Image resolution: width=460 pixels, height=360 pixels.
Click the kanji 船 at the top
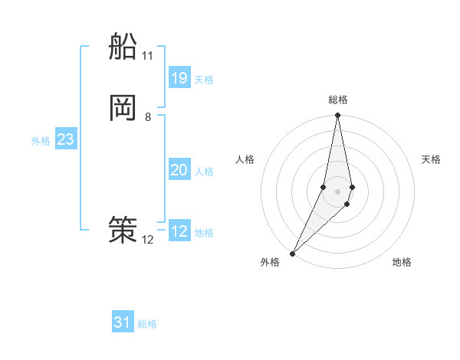123,47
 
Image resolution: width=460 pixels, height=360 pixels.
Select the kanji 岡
123,107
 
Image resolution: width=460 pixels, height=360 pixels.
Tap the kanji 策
123,229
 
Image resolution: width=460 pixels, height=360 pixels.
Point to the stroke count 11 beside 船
147,56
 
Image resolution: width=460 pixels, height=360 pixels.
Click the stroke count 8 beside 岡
148,117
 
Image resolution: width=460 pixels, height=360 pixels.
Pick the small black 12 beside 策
148,240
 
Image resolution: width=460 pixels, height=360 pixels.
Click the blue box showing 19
179,77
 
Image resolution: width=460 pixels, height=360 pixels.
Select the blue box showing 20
179,170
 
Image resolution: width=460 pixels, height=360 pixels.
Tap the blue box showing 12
179,231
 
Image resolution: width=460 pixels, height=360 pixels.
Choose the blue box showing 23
65,139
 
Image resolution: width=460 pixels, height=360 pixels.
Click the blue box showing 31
123,322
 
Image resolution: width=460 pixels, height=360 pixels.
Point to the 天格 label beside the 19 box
204,80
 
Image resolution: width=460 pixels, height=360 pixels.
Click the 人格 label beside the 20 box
204,172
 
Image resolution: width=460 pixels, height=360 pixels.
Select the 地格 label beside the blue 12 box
204,233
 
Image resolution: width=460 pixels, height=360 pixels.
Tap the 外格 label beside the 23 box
41,141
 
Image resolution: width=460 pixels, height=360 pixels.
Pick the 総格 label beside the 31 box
147,325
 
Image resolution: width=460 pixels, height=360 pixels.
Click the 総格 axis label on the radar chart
338,100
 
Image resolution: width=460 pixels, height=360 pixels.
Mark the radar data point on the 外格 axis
292,253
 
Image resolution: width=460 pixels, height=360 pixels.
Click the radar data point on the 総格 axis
337,116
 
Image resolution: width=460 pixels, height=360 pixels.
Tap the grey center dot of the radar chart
337,191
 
